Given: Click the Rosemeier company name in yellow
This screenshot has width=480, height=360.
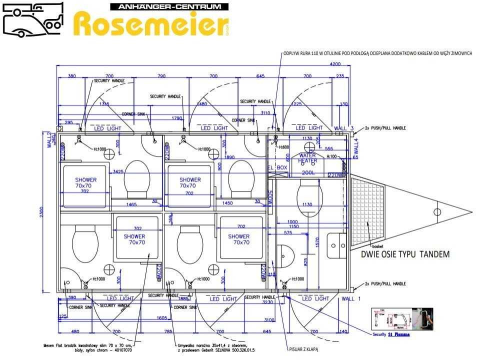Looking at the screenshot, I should click(x=150, y=24).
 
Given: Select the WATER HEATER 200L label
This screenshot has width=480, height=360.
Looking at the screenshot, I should click(x=307, y=160).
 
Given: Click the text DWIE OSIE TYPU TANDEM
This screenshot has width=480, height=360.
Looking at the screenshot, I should click(x=405, y=254).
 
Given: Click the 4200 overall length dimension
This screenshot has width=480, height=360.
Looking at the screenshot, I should click(x=334, y=64).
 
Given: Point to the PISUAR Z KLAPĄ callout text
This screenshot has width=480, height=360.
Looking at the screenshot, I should click(x=303, y=350).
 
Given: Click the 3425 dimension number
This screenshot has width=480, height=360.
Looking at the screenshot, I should click(x=118, y=171).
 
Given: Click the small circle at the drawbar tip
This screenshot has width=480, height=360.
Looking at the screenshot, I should click(x=437, y=211).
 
